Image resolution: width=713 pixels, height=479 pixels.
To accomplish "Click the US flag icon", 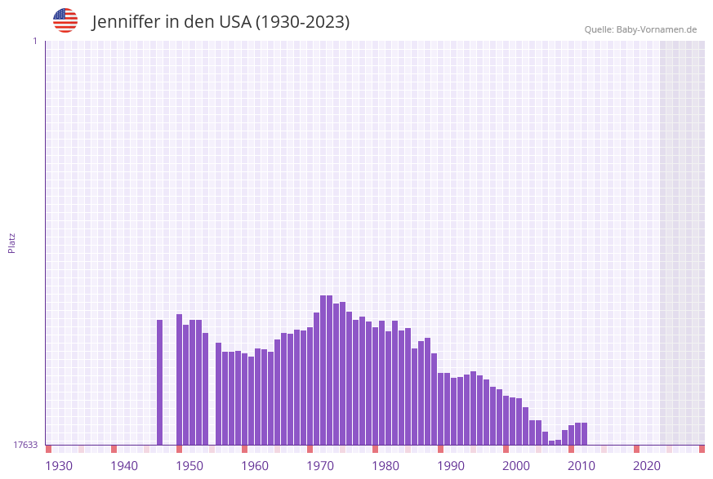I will [x=65, y=20].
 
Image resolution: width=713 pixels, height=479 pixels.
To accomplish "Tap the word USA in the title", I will [x=234, y=22].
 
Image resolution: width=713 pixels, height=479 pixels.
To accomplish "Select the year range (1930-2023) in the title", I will [x=302, y=22].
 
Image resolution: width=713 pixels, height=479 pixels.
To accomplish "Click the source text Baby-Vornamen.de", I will [x=657, y=29].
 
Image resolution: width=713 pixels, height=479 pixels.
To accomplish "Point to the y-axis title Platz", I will [x=12, y=242].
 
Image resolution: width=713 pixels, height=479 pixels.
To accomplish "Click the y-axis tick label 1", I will [x=34, y=41].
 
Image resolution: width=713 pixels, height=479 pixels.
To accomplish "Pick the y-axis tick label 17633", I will [x=25, y=445].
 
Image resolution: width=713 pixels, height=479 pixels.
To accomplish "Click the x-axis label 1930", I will [x=59, y=466].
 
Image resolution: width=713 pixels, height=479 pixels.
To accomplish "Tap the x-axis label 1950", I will [x=189, y=466].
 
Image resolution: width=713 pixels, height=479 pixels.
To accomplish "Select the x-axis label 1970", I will [x=320, y=466].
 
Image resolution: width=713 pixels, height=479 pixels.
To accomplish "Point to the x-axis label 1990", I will [x=451, y=466].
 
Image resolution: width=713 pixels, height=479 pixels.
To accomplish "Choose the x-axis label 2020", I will [x=647, y=466].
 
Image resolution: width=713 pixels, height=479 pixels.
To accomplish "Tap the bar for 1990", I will [x=441, y=409].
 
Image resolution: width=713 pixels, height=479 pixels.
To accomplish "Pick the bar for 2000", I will [x=506, y=420].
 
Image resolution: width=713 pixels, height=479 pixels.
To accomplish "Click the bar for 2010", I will [x=572, y=435].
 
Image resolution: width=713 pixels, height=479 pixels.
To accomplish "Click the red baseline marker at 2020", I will [x=637, y=449].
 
